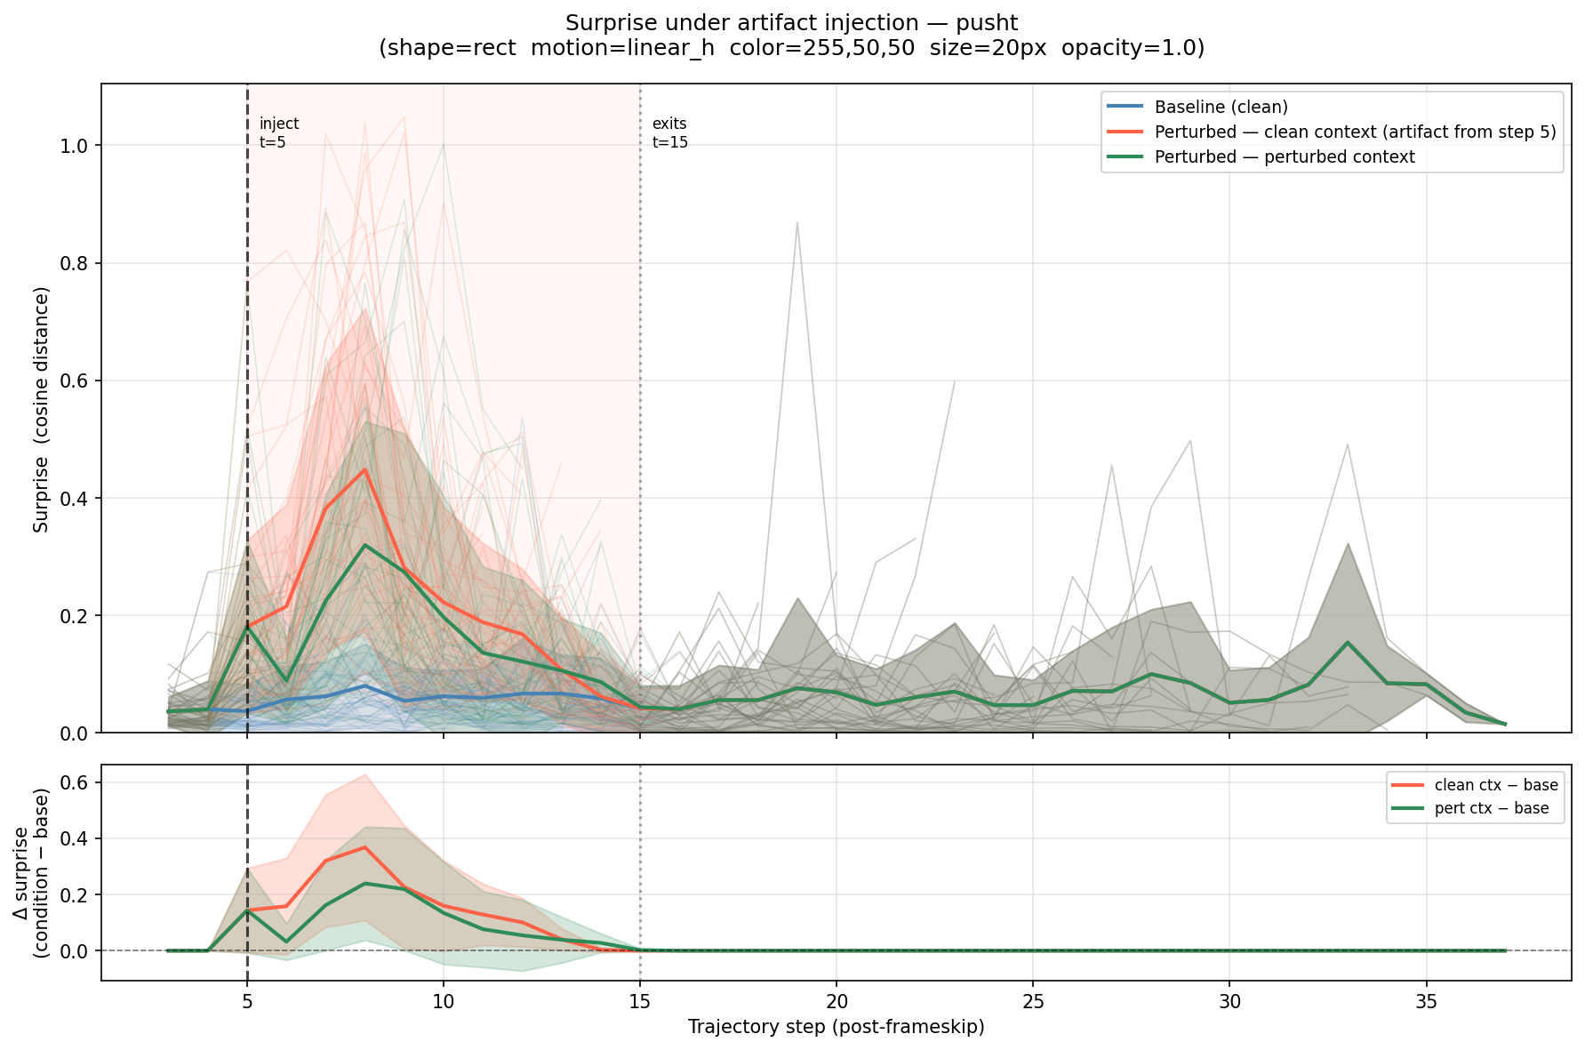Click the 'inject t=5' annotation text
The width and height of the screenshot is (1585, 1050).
278,132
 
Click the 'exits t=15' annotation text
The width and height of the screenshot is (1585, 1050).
669,132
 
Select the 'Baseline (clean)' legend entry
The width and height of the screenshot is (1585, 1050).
1221,108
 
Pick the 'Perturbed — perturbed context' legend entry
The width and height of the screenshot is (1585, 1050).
1284,157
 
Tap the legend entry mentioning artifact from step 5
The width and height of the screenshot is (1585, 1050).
1355,132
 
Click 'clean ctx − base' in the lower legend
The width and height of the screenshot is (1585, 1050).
1495,785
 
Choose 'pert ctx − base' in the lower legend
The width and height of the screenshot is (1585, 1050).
1491,808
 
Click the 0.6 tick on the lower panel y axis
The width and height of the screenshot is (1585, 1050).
79,783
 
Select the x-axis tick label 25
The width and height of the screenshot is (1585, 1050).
1032,1000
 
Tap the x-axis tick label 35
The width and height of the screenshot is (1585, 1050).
1426,1000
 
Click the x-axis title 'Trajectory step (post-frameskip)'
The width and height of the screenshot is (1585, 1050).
836,1028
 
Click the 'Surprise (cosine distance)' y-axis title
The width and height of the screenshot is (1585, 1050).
41,409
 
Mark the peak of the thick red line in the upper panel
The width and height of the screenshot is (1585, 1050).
364,469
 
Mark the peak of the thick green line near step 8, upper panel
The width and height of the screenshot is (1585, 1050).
364,545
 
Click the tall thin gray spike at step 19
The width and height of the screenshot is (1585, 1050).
797,222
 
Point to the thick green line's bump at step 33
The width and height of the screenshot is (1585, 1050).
1348,642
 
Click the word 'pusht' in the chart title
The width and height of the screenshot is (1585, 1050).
988,23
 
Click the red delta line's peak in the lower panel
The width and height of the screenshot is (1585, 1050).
364,847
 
